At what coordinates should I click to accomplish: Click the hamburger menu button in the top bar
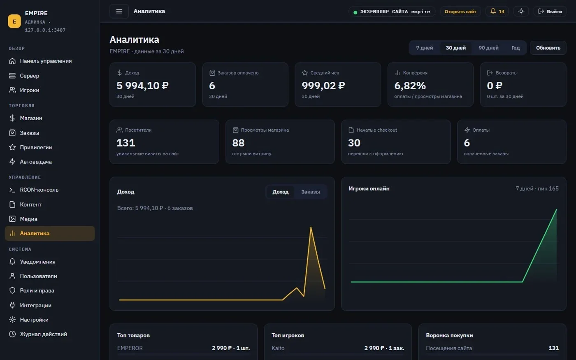(119, 12)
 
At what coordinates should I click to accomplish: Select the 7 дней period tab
(425, 48)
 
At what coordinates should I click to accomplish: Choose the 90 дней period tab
(488, 48)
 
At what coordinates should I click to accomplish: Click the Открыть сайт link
(460, 12)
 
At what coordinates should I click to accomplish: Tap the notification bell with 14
(497, 12)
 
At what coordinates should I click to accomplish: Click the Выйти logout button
(550, 12)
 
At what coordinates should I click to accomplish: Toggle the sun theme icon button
(521, 12)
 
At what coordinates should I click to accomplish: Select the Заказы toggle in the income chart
(310, 192)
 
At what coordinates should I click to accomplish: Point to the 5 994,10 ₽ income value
(142, 86)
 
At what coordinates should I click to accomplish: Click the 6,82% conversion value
(410, 86)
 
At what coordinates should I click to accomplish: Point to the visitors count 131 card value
(126, 143)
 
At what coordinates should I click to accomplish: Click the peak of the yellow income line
(311, 227)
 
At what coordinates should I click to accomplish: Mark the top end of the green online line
(556, 209)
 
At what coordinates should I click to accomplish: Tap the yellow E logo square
(14, 21)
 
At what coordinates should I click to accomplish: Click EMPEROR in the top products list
(130, 348)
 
